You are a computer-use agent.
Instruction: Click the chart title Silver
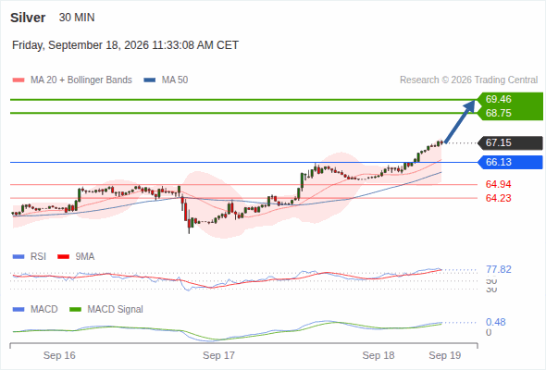click(x=28, y=18)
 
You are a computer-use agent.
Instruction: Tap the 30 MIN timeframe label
click(x=77, y=18)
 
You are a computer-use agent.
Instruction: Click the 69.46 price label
click(x=498, y=99)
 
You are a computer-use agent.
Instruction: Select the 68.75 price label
click(x=498, y=113)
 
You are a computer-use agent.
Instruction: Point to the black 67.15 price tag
click(x=510, y=142)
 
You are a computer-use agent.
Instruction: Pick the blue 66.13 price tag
click(x=510, y=162)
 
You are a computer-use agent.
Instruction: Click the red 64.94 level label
click(x=498, y=184)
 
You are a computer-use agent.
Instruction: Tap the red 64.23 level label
click(x=498, y=198)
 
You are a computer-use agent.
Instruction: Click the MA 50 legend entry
click(x=166, y=80)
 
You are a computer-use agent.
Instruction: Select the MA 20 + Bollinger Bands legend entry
click(x=72, y=80)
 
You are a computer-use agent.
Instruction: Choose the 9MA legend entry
click(x=76, y=256)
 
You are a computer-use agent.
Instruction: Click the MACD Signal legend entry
click(x=106, y=309)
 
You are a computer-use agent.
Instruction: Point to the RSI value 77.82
click(x=499, y=269)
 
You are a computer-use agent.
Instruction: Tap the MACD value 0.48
click(x=496, y=322)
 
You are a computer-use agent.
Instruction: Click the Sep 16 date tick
click(x=59, y=355)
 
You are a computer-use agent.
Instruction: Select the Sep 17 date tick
click(x=218, y=355)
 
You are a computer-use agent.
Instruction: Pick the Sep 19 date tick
click(x=445, y=355)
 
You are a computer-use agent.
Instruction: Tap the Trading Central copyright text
click(x=468, y=80)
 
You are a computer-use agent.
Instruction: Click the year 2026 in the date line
click(x=136, y=45)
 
